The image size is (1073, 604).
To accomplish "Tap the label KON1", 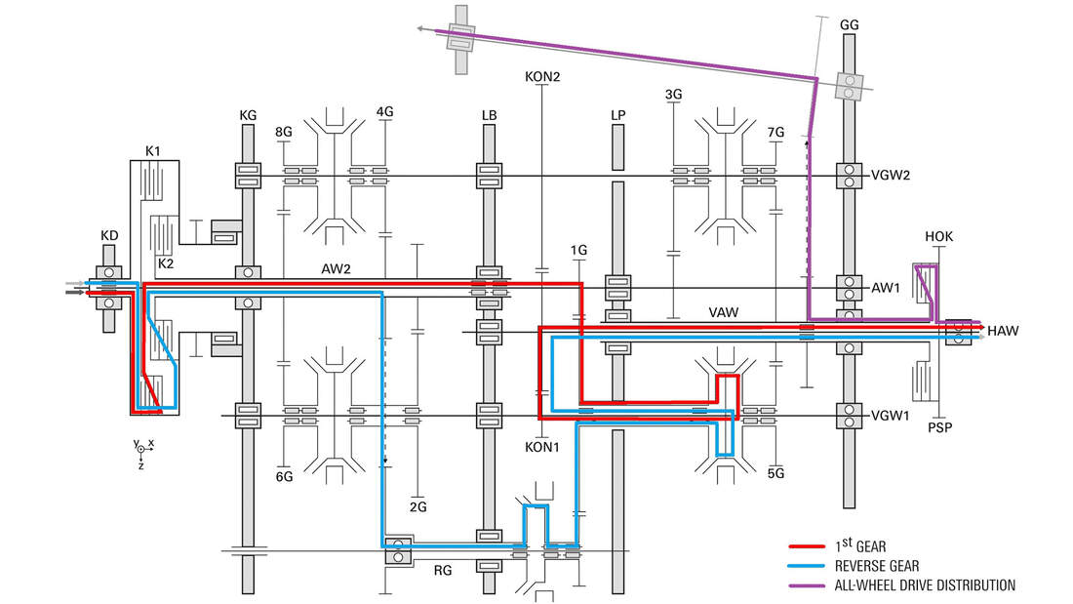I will pos(542,446).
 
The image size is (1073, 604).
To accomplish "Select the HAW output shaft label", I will pos(1003,332).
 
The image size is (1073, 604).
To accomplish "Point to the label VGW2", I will pos(891,176).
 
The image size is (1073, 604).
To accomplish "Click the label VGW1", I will pos(891,416).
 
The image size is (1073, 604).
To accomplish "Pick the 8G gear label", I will pos(283,132).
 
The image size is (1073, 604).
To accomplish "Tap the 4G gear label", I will pos(384,111).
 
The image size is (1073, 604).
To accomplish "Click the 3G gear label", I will pos(673,95).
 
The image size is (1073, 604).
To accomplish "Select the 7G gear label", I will pos(776,132).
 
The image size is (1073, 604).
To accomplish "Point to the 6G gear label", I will pos(284,476).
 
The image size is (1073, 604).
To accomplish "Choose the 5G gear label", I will pos(776,474).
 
